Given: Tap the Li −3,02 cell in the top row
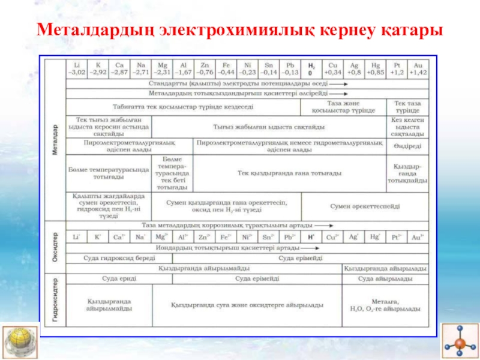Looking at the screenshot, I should coord(77,67).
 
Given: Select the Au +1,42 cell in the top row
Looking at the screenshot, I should coord(418,67).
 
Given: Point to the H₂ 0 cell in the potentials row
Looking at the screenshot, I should coord(311,67).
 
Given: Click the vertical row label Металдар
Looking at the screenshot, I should coord(55,139).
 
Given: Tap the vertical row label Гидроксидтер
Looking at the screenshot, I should coord(55,300).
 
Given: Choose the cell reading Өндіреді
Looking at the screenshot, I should coord(407,146).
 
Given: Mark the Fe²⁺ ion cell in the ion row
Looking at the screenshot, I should coord(225,237).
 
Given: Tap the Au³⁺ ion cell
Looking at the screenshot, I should coord(418,237).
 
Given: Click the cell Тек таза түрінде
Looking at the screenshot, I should coord(407,107).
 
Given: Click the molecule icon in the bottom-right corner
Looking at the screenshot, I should coord(459,341).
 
